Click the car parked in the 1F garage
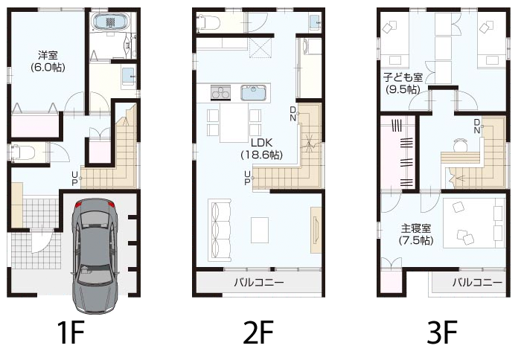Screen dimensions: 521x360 pyautogui.click(x=95, y=256)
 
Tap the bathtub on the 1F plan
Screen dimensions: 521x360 pyautogui.click(x=112, y=22)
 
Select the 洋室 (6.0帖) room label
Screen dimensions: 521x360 pyautogui.click(x=48, y=61)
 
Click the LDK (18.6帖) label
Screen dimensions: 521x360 pyautogui.click(x=261, y=149)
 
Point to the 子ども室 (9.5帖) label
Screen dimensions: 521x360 pyautogui.click(x=403, y=83)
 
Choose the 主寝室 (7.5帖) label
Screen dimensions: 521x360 pyautogui.click(x=416, y=234)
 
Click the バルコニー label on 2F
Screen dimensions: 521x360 pyautogui.click(x=259, y=283)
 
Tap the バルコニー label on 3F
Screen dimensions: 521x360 pyautogui.click(x=477, y=283)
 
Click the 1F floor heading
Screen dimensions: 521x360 pyautogui.click(x=70, y=332)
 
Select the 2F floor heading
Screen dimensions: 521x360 pyautogui.click(x=258, y=332)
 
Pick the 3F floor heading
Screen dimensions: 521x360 pyautogui.click(x=442, y=332)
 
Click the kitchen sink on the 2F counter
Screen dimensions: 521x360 pyautogui.click(x=254, y=92)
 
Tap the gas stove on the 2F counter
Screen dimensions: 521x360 pyautogui.click(x=220, y=92)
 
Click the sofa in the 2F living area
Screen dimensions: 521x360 pyautogui.click(x=220, y=230)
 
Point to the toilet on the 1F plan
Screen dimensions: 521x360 pyautogui.click(x=22, y=152)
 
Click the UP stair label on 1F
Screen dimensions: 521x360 pyautogui.click(x=74, y=179)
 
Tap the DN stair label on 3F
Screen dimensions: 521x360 pyautogui.click(x=477, y=126)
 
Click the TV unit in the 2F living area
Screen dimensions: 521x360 pyautogui.click(x=316, y=230)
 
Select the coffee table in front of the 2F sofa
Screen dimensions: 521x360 pyautogui.click(x=260, y=230)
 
